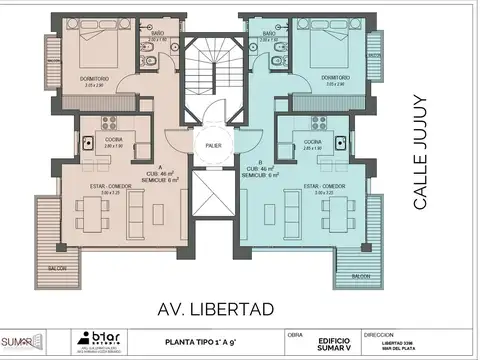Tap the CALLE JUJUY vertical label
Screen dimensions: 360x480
click(420, 152)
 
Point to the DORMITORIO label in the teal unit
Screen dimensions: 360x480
click(336, 76)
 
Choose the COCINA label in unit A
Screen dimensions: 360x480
click(113, 141)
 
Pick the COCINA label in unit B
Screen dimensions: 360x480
click(312, 142)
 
